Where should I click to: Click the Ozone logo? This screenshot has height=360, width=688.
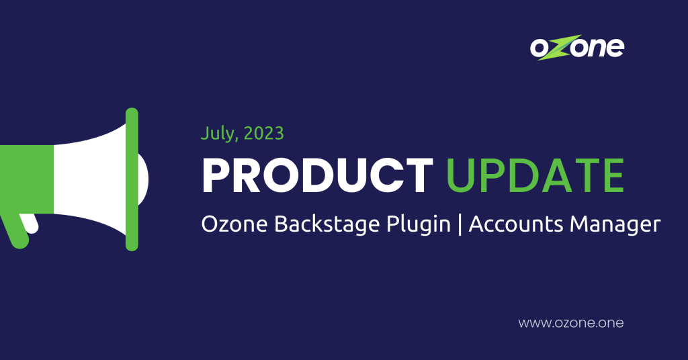coord(576,48)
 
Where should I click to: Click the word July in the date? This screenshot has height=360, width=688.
coord(216,133)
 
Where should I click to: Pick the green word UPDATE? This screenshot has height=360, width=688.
coord(535,176)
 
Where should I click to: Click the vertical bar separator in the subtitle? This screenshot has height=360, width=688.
coord(460,226)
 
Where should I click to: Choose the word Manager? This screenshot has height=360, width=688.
coord(615,226)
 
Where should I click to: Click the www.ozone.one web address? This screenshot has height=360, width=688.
coord(570,323)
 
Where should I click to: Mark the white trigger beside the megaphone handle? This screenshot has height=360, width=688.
coord(30,224)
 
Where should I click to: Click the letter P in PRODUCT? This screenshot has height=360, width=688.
coord(216,176)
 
